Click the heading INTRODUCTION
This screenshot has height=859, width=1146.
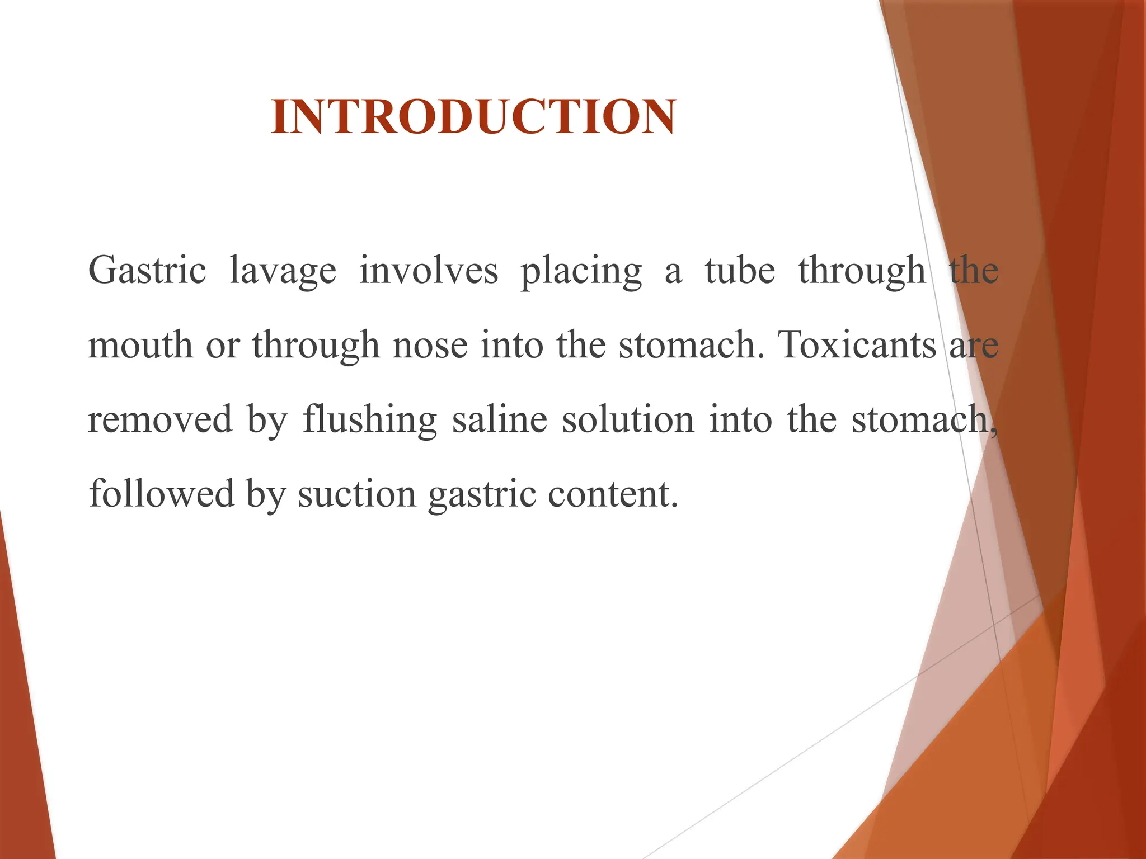click(473, 117)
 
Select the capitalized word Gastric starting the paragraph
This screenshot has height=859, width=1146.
click(147, 271)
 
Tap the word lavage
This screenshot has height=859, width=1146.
click(283, 272)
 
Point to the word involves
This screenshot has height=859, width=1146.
click(428, 271)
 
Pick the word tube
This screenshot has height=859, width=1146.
click(740, 271)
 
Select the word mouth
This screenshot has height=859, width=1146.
click(140, 345)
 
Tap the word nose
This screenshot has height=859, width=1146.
click(430, 345)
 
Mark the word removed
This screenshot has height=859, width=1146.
click(160, 419)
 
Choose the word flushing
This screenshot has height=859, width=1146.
click(370, 419)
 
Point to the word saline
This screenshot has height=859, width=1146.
click(500, 419)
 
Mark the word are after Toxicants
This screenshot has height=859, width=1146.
click(974, 346)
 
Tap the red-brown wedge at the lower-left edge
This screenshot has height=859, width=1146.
click(22, 727)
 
